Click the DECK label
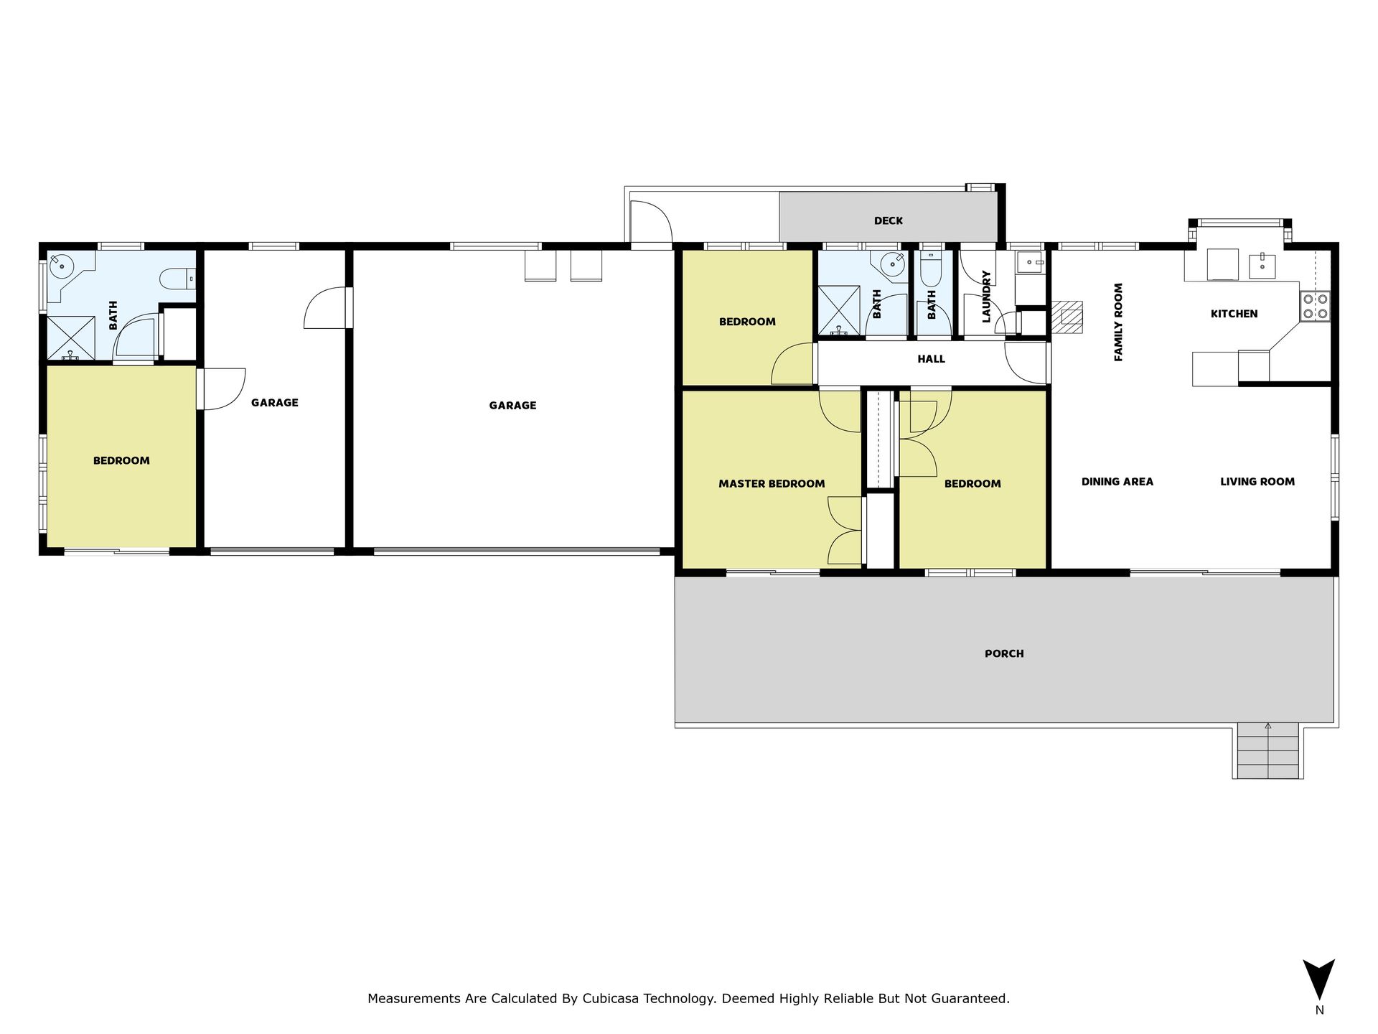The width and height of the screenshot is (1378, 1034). coord(888,221)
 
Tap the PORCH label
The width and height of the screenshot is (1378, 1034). coord(1004,654)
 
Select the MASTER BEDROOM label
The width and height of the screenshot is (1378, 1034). coord(772,484)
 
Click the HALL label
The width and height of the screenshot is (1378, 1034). coord(931,359)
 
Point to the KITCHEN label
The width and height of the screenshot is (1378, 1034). coord(1234,314)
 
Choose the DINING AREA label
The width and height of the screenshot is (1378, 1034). coord(1117,482)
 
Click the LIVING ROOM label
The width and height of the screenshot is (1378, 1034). coord(1257,482)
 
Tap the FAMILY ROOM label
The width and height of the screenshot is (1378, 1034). coord(1118,322)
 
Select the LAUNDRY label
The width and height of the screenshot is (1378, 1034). coord(986,297)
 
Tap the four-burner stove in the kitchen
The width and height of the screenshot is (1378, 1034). coord(1315,306)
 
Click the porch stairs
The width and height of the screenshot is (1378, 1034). coord(1268,750)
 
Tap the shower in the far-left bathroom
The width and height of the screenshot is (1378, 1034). coord(71,337)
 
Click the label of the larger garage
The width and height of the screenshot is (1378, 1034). coord(512,406)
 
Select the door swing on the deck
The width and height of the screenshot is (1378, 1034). coord(650,223)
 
